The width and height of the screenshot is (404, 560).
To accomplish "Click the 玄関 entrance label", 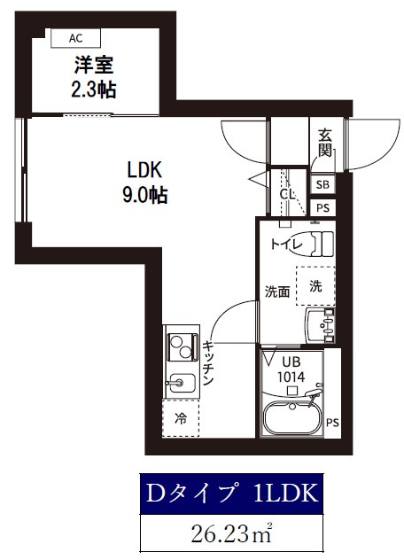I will point(325,143).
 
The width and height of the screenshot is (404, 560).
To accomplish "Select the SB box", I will point(323,185).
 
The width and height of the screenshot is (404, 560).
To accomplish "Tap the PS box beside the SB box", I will point(323,207).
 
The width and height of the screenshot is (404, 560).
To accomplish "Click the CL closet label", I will point(287,195).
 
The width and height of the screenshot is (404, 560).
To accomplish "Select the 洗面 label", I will point(277,292).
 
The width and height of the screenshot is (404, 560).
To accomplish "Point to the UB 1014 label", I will point(291,369).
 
